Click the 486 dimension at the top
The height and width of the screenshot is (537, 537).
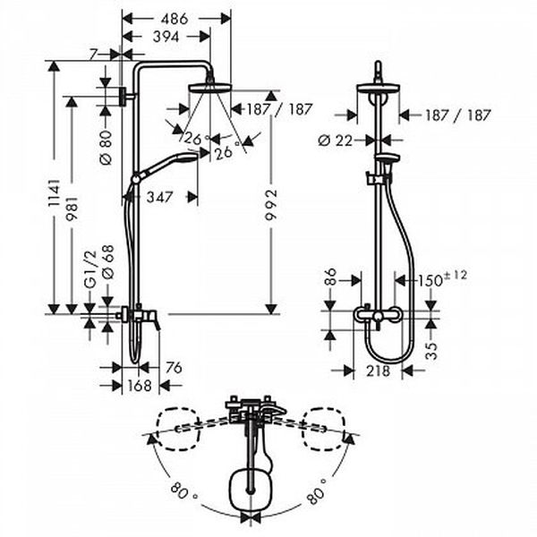pos(175,19)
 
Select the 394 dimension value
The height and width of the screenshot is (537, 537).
pos(166,37)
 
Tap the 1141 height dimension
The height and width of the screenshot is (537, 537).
pos(54,192)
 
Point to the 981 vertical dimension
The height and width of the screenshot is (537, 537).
pos(72,209)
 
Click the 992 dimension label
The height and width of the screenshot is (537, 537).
pos(271,205)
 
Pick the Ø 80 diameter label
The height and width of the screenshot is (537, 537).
pos(107,148)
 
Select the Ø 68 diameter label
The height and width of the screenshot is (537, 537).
pos(108,262)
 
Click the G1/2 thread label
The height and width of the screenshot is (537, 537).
pos(90,270)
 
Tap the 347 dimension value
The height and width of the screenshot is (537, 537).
pos(160,197)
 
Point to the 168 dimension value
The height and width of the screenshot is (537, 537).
pos(140,386)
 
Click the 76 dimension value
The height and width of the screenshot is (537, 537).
pos(174,368)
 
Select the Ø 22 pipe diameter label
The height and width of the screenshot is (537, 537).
pos(336,141)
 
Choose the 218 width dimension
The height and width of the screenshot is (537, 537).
pos(378,371)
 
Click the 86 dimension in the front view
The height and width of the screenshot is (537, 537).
pos(331,277)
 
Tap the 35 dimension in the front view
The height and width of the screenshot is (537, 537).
pos(432,351)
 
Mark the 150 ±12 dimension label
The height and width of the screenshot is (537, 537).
pos(441,279)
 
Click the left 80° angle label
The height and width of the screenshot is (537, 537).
pos(183,491)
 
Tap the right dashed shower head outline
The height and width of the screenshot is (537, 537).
pos(322,429)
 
